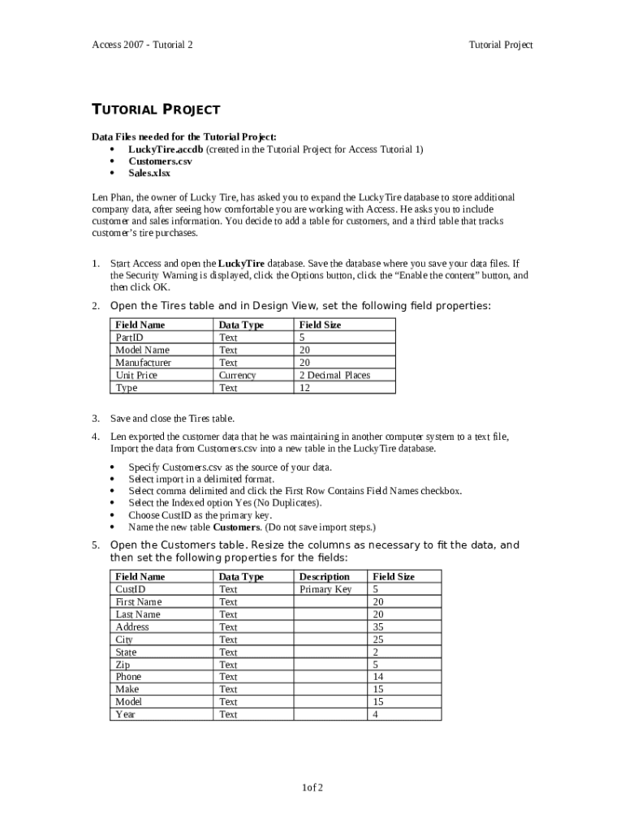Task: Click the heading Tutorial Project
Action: tap(155, 110)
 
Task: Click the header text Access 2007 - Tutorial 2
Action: tap(142, 45)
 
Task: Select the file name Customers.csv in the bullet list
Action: tap(160, 161)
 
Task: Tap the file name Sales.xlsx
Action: tap(149, 173)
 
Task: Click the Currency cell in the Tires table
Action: tap(237, 375)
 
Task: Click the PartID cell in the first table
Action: tap(130, 338)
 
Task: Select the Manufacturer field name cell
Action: tap(144, 363)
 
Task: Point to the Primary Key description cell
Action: tap(325, 589)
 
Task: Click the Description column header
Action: tap(325, 577)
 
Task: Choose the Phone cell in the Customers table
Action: tap(128, 677)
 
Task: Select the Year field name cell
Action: tap(126, 714)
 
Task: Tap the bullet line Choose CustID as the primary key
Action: tap(200, 515)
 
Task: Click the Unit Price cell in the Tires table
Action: tap(136, 375)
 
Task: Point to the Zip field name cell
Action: tap(123, 665)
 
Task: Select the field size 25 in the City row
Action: tap(377, 639)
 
